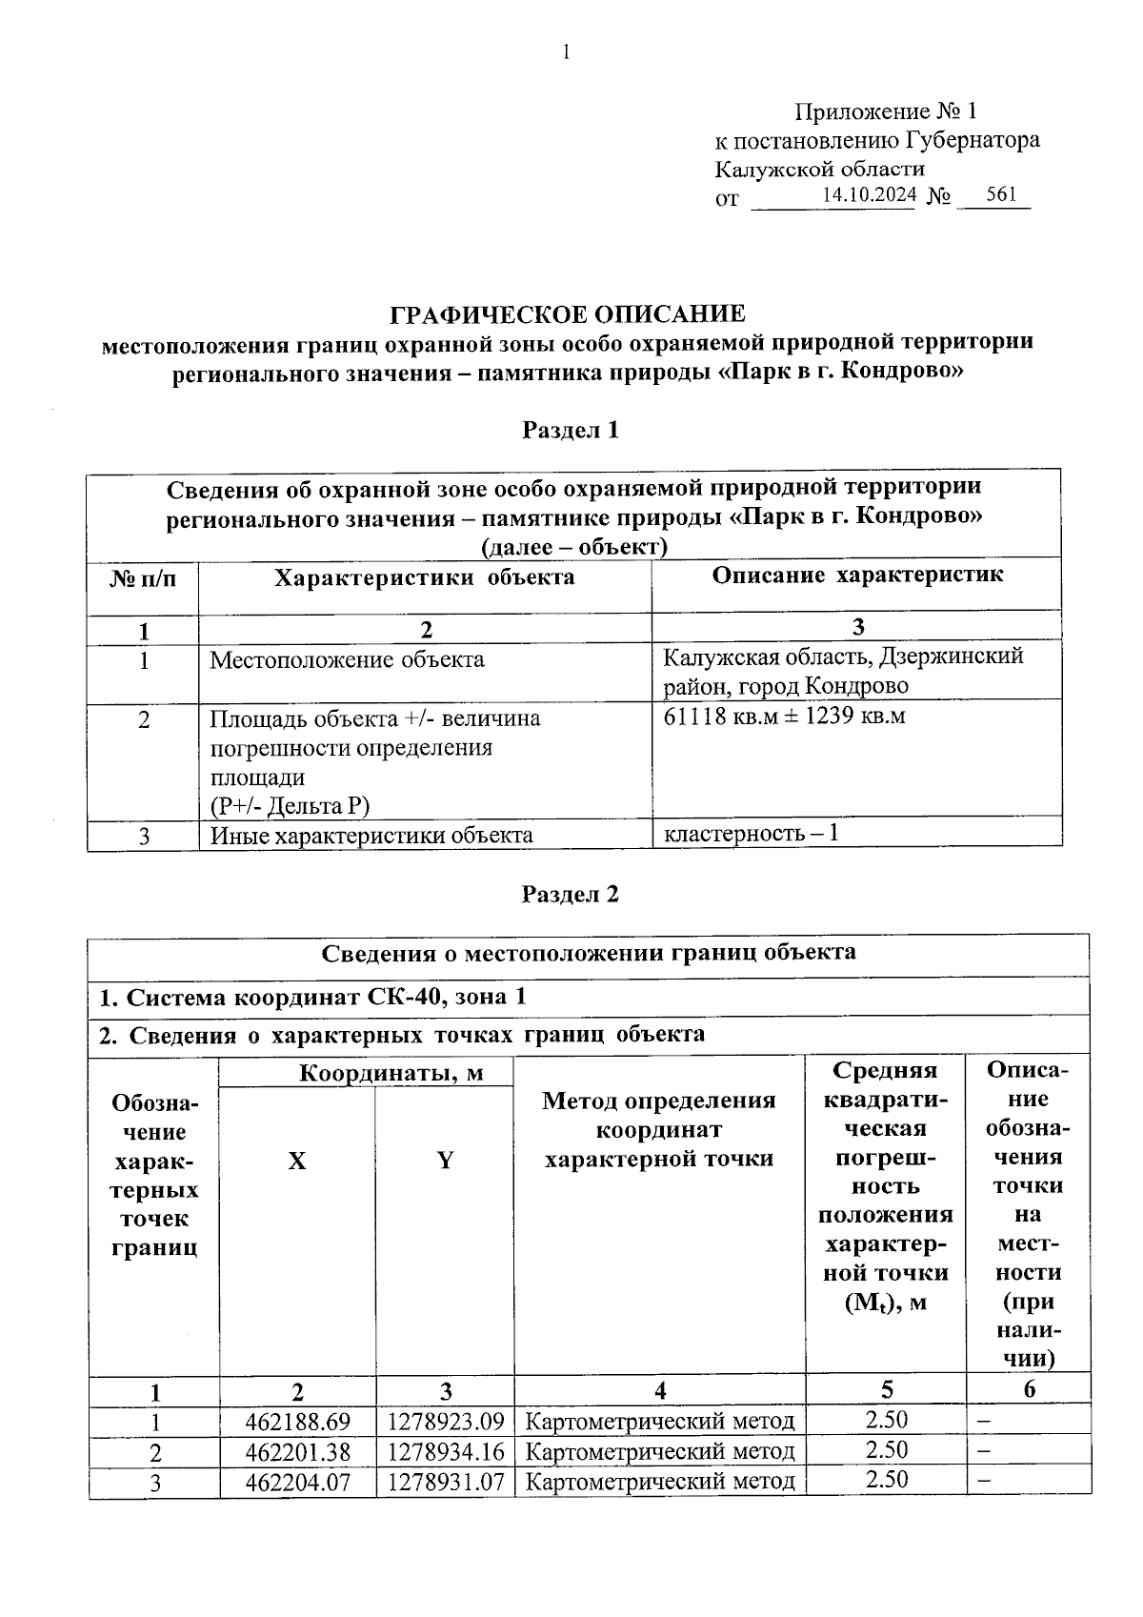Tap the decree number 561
[x=1001, y=195]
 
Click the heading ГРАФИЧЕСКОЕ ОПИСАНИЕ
[x=569, y=314]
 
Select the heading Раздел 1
[x=571, y=431]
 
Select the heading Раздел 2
[x=571, y=895]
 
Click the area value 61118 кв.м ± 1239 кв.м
[x=784, y=716]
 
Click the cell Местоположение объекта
[x=347, y=659]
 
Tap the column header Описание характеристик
[x=857, y=575]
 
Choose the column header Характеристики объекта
[x=425, y=577]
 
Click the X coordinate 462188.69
[x=297, y=1422]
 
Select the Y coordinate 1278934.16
[x=445, y=1451]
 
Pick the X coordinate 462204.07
[x=297, y=1482]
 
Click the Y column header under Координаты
[x=445, y=1161]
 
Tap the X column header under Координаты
[x=297, y=1161]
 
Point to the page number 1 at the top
[x=567, y=52]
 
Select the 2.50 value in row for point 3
[x=886, y=1480]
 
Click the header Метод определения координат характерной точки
[x=659, y=1130]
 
